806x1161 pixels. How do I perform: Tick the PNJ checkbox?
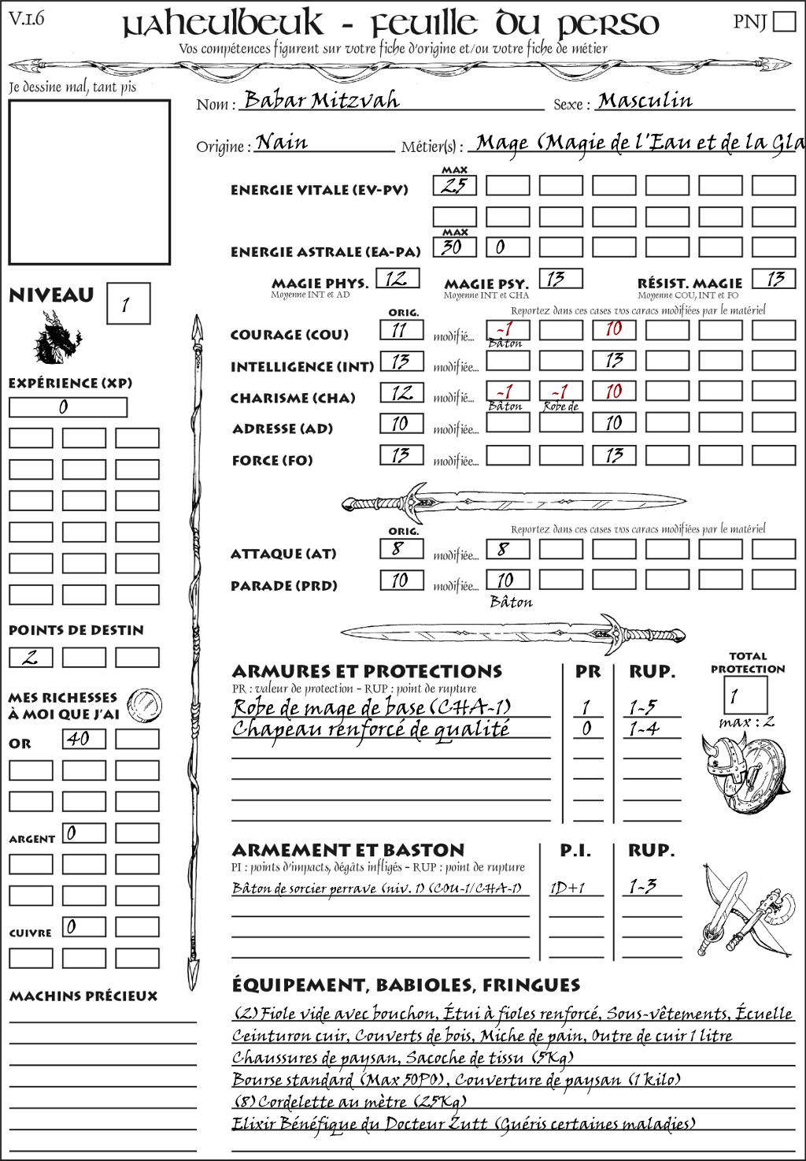point(784,20)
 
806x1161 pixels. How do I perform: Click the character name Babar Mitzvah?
point(321,100)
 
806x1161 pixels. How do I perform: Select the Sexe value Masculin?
point(645,100)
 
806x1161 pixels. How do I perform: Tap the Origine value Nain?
point(282,143)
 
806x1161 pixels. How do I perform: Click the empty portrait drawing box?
point(89,182)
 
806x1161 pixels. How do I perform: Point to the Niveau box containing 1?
point(128,303)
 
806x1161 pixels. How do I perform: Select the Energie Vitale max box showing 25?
point(454,186)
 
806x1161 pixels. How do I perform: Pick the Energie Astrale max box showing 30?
point(454,247)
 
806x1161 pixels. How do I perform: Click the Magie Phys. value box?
point(397,278)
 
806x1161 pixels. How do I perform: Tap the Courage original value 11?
point(401,330)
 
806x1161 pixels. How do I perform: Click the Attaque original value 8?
point(401,549)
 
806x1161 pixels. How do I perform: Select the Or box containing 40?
point(83,739)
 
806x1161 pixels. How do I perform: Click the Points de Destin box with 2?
point(31,657)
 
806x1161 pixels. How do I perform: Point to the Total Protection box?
point(745,695)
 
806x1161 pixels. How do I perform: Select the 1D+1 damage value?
point(568,888)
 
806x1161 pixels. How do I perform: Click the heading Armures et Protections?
point(367,671)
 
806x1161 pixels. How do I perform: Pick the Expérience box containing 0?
point(68,407)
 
